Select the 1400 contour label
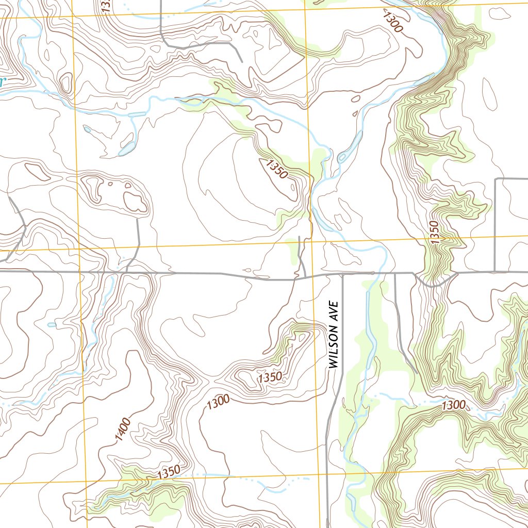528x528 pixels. click(123, 430)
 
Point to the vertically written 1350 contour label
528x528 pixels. click(434, 232)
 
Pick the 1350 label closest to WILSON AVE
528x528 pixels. click(270, 377)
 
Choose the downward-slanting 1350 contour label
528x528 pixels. click(277, 169)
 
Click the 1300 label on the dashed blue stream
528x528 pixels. click(454, 406)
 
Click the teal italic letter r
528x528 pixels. click(2, 81)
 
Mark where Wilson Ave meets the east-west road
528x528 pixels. click(343, 274)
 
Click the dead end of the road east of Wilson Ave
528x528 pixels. click(416, 372)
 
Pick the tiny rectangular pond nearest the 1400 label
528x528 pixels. click(51, 325)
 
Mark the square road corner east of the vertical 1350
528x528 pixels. click(496, 179)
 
